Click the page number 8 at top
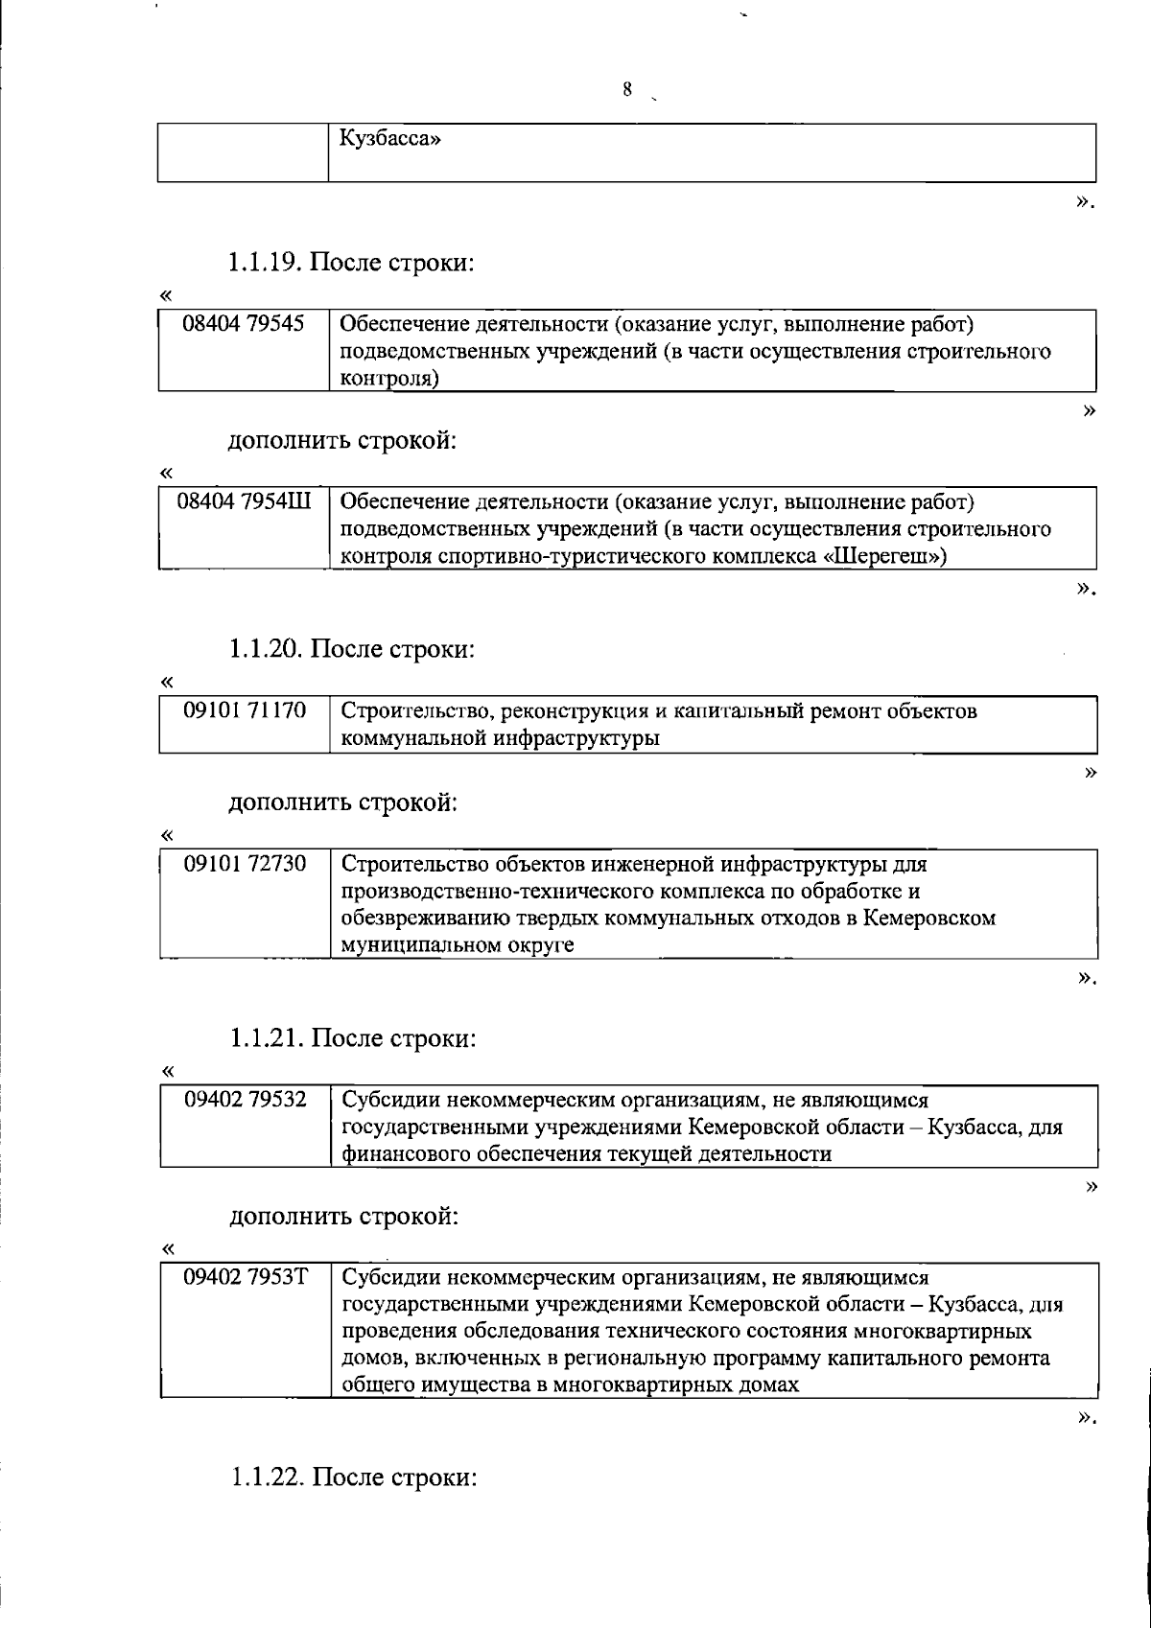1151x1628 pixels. click(x=627, y=90)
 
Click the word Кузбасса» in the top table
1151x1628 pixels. click(x=390, y=139)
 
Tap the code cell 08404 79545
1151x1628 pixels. click(x=244, y=324)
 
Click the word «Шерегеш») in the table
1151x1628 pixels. click(x=886, y=556)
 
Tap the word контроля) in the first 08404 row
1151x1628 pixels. click(x=390, y=380)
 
